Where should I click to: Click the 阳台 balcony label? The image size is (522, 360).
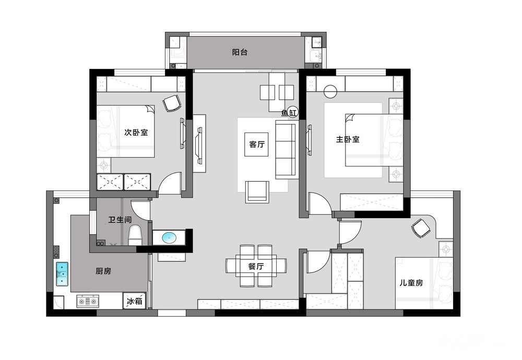pos(240,52)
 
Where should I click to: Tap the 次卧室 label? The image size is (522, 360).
pos(136,133)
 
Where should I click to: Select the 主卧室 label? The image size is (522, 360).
pos(348,139)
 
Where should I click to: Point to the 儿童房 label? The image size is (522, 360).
pos(411,283)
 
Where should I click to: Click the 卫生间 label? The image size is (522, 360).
pos(120,220)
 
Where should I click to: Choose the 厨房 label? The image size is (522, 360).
pos(103,271)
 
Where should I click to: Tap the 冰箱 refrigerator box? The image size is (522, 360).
pos(135,301)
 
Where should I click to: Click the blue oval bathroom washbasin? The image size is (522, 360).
pos(170,237)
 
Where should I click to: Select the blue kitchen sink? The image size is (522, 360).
pos(62,274)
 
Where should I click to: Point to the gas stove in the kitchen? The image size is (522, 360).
pos(88,301)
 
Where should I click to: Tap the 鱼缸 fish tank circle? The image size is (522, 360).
pos(293,113)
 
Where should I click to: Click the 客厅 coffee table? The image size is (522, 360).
pos(256,145)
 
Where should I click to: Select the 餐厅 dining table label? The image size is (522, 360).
pos(256,266)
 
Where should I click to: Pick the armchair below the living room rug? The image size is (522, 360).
pos(257,192)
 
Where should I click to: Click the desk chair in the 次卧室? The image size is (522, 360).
pos(172,103)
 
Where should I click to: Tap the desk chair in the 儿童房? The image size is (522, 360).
pos(421,228)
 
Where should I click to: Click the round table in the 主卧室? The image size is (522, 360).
pos(330,91)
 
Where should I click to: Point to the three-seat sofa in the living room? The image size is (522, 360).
pos(286,150)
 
